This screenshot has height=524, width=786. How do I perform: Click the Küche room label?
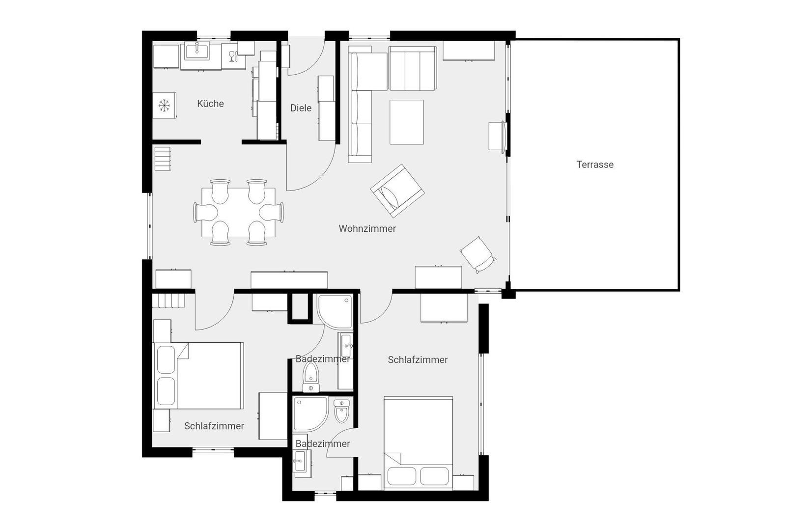tap(210, 104)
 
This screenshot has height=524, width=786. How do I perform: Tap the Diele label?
tap(301, 108)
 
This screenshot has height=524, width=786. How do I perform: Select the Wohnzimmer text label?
tap(367, 229)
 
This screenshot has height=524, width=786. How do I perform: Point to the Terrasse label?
tap(595, 165)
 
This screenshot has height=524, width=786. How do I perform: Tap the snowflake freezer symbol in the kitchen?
tap(164, 105)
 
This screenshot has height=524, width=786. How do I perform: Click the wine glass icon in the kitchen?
tap(232, 56)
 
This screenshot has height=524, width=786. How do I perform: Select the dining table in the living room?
tap(239, 212)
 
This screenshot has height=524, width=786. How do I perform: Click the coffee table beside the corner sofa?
tap(406, 122)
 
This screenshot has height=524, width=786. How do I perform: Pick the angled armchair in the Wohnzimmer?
tap(397, 191)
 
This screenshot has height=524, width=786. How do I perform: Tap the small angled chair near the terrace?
tap(477, 255)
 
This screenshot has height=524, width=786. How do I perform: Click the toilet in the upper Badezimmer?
tap(311, 377)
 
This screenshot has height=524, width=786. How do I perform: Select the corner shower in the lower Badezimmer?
tap(310, 414)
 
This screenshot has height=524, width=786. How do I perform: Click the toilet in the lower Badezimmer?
tap(341, 412)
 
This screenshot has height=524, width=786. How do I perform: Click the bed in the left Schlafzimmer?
tap(198, 376)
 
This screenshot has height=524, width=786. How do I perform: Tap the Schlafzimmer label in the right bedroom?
tap(418, 360)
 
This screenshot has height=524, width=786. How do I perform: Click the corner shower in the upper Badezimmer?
tap(335, 312)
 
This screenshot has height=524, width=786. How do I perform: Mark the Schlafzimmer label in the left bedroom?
tap(214, 426)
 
